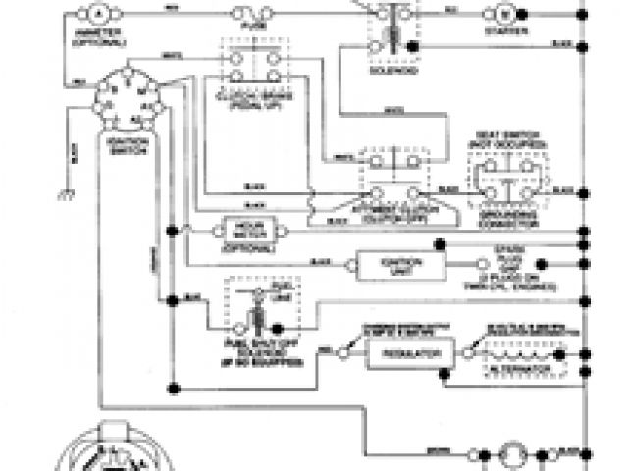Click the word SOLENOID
pos(391,71)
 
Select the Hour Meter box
pos(251,229)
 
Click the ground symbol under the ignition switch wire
pos(67,191)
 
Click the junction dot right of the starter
pos(523,14)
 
